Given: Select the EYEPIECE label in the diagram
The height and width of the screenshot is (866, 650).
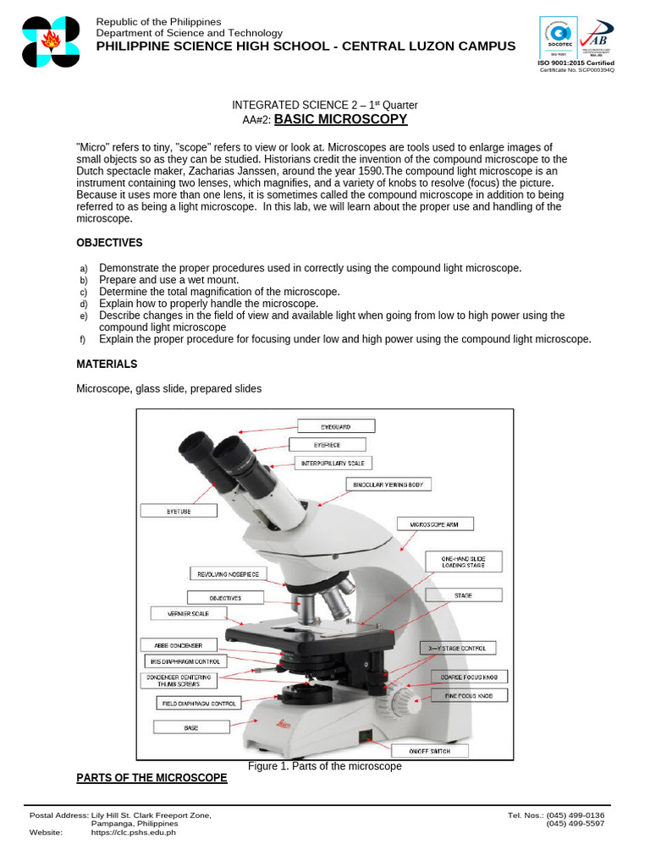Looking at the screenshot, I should click(x=328, y=444).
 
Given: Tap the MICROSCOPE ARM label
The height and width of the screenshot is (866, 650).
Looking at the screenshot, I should click(x=434, y=524).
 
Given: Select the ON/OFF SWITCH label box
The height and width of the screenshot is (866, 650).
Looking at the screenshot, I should click(x=429, y=751).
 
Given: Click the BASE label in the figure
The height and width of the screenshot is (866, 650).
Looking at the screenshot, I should click(x=191, y=726).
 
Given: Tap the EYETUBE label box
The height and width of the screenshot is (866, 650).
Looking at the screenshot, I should click(x=179, y=511).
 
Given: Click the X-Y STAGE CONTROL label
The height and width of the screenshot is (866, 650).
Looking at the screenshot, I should click(x=458, y=648).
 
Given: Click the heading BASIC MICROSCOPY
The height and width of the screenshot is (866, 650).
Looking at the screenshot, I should click(x=340, y=119).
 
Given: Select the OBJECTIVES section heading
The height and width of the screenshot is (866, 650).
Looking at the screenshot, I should click(x=109, y=243).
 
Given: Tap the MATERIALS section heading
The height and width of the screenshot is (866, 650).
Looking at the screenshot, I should click(x=107, y=364).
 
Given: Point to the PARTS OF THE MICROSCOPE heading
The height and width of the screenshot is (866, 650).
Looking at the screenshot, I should click(x=151, y=777).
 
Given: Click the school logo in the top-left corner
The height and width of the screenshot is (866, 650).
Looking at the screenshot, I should click(x=51, y=41).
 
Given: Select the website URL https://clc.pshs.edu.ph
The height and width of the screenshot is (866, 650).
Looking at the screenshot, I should click(x=133, y=832).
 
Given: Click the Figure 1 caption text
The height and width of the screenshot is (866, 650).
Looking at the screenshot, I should click(x=324, y=766).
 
